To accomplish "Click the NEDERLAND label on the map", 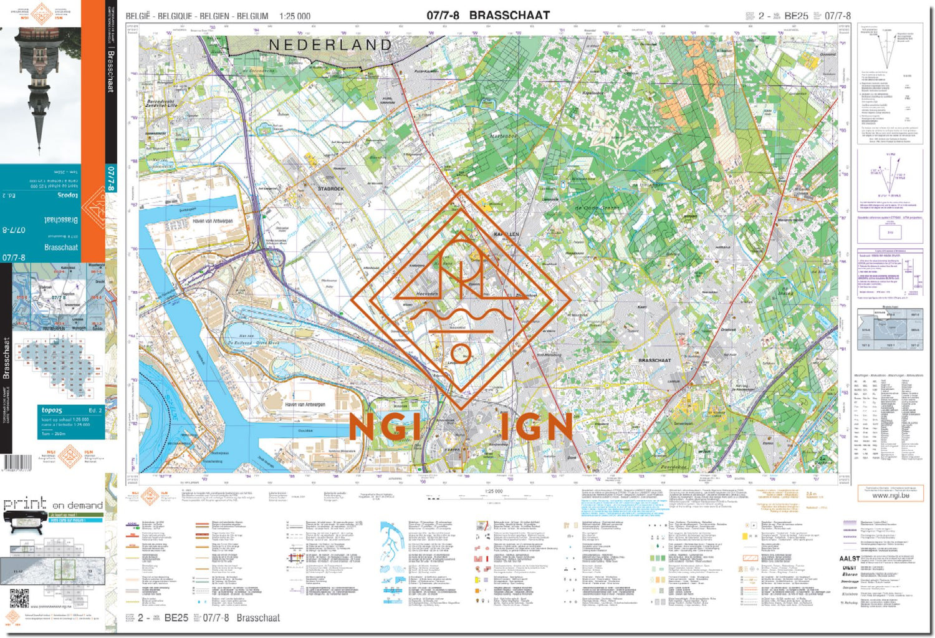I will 330,45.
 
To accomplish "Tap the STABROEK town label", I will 330,188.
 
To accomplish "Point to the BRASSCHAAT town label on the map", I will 654,360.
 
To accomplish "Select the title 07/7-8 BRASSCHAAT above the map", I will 488,16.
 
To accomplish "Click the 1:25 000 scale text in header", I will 295,16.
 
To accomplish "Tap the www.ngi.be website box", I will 889,495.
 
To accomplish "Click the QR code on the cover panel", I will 19,598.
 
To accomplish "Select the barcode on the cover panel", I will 17,463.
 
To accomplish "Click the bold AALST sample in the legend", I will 849,559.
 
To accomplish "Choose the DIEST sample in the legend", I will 849,568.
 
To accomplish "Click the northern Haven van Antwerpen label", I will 213,221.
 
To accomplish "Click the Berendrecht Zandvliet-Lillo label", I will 161,104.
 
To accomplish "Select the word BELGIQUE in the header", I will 175,16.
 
